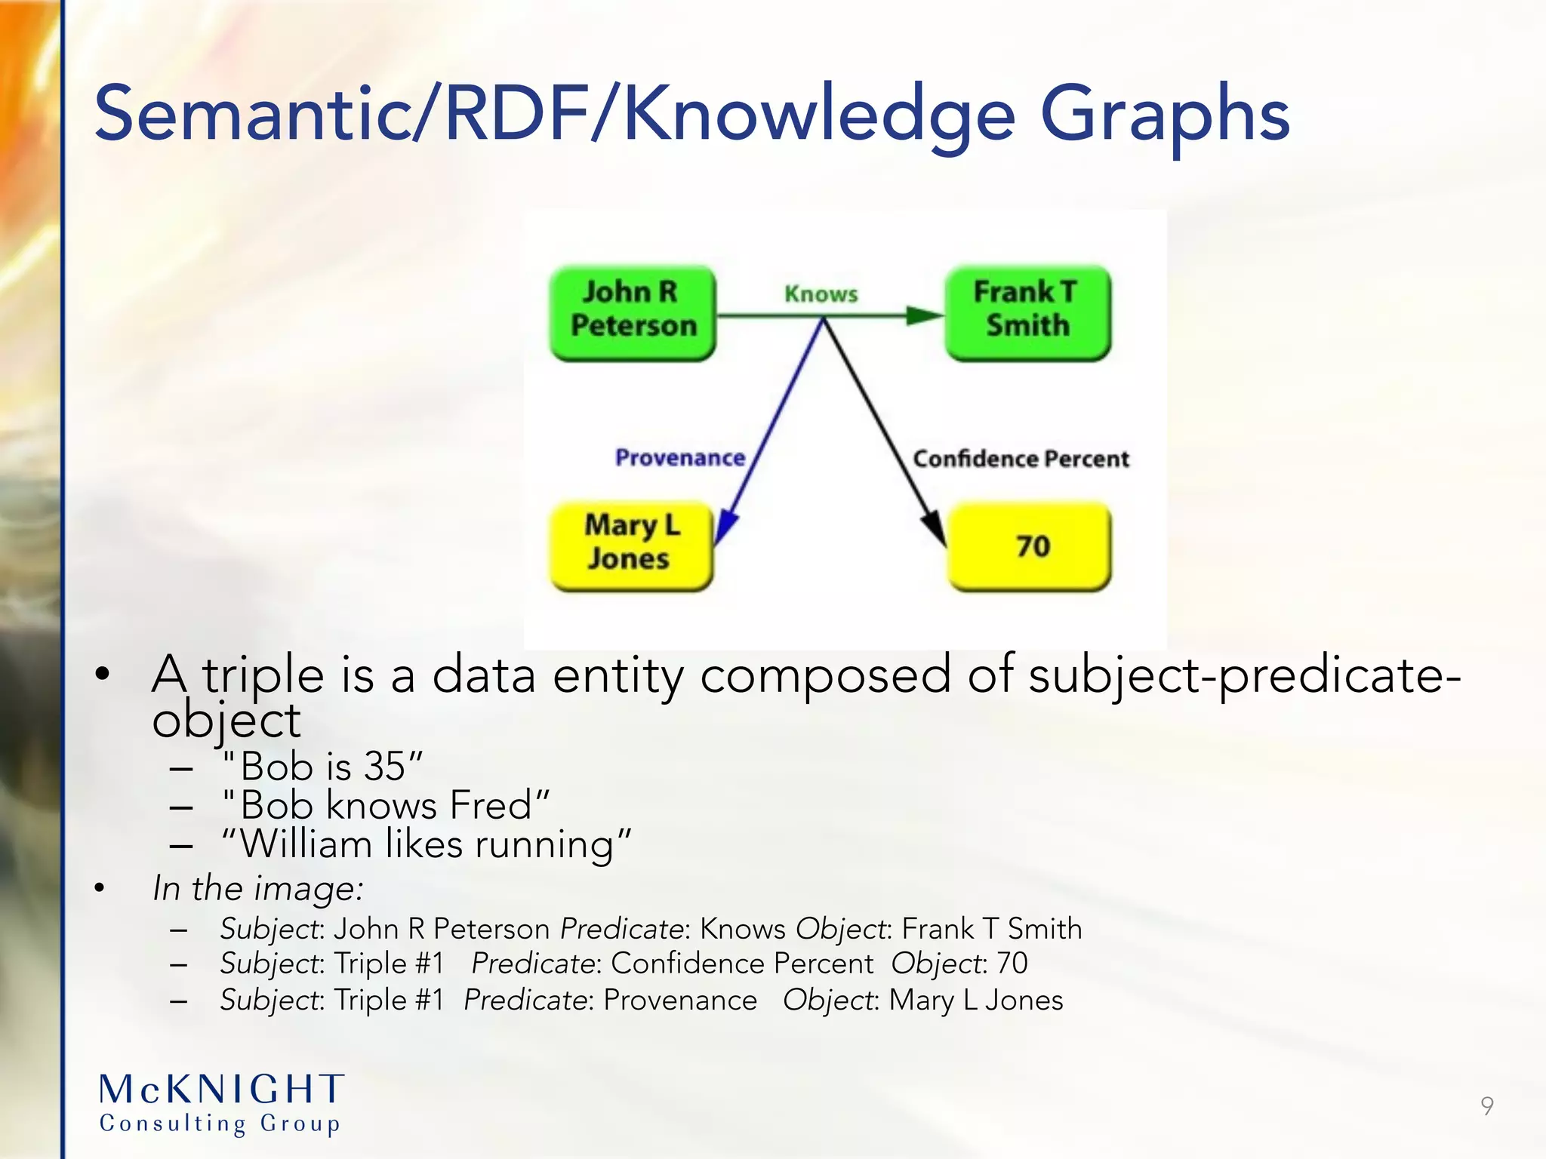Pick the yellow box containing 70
pyautogui.click(x=1030, y=545)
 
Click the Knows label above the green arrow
pyautogui.click(x=821, y=294)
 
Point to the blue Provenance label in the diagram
pyautogui.click(x=679, y=457)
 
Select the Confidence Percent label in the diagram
pyautogui.click(x=1021, y=458)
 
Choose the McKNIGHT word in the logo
pyautogui.click(x=222, y=1090)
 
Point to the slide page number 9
pyautogui.click(x=1486, y=1105)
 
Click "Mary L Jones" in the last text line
pyautogui.click(x=975, y=1000)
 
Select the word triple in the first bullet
pyautogui.click(x=263, y=675)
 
